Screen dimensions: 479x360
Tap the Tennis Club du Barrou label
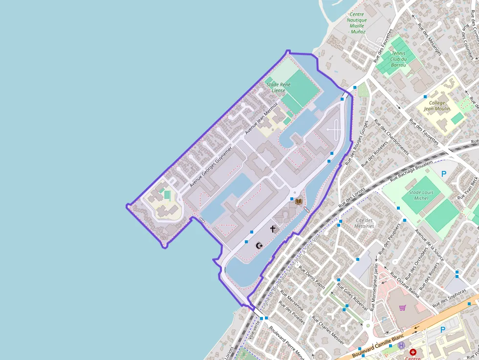tap(399, 59)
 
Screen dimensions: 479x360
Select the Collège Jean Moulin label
tap(437, 106)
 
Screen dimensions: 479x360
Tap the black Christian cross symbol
tap(273, 229)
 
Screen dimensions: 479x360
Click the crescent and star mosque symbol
tap(260, 245)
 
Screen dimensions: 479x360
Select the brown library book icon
tap(298, 201)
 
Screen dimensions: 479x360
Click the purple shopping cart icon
tap(402, 308)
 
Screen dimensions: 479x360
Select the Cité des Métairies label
tap(365, 223)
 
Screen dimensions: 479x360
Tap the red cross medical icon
tap(413, 352)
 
